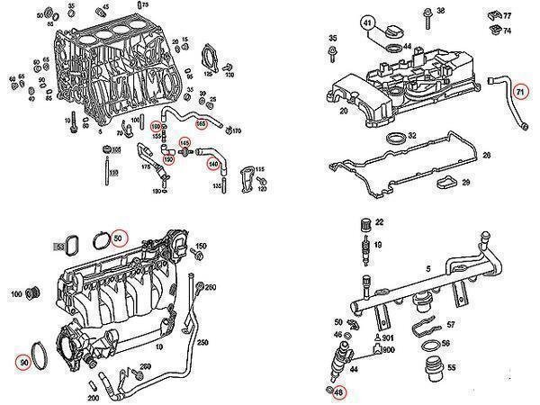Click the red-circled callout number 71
tap(518, 91)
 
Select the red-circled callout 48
tap(337, 392)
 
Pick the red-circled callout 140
tap(213, 164)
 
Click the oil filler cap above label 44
tap(392, 33)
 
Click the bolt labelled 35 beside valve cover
tap(333, 54)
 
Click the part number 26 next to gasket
tap(487, 156)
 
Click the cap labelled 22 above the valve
tap(365, 223)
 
